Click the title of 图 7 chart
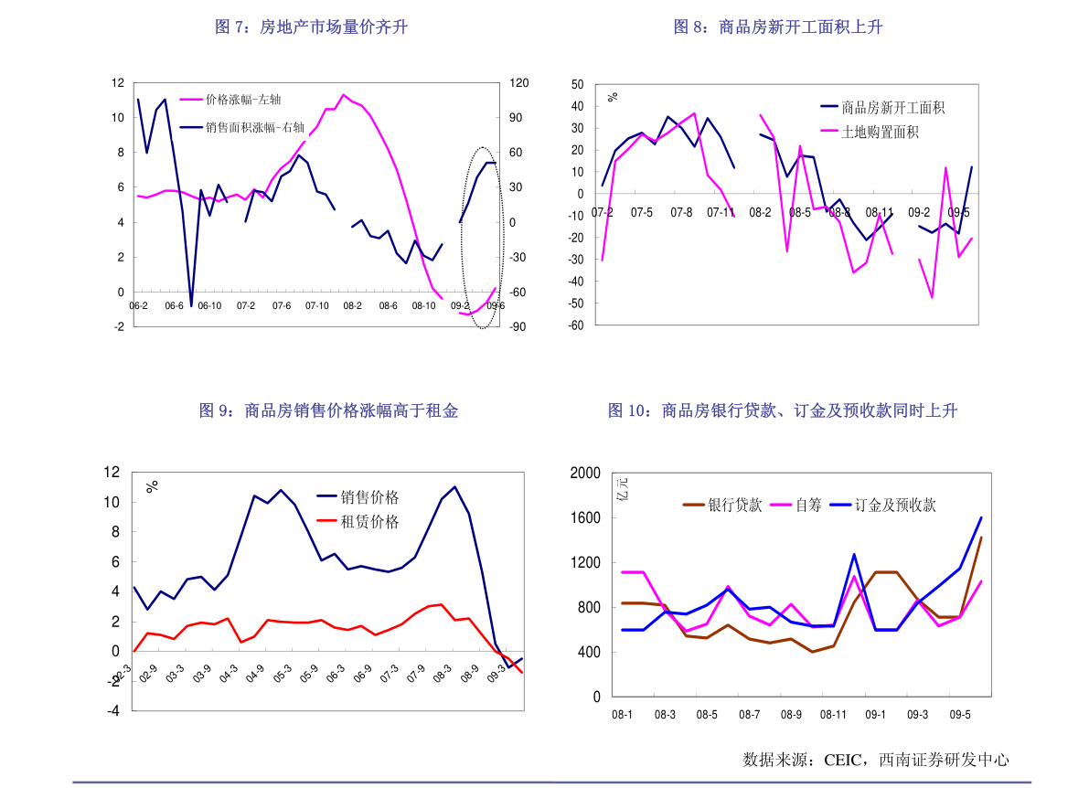311,27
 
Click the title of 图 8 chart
778,27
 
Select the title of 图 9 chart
329,411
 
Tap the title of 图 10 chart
783,411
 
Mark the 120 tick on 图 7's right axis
518,83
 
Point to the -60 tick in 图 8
576,325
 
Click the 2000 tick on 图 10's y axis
585,473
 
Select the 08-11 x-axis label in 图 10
833,715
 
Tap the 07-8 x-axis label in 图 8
681,213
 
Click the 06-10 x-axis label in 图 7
209,306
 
